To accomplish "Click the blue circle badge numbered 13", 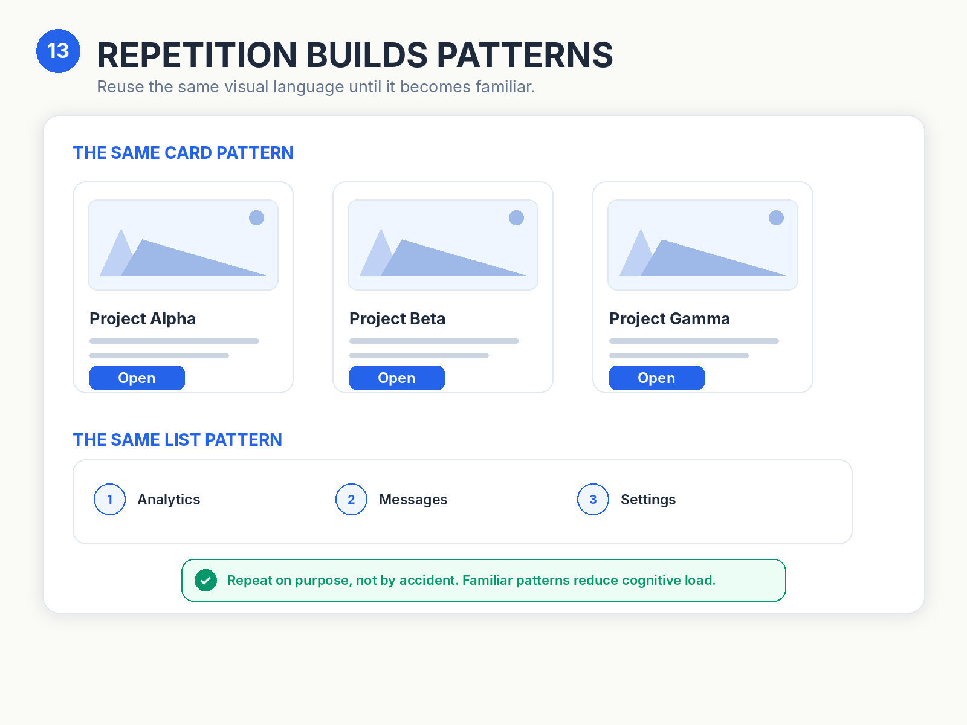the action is (58, 51).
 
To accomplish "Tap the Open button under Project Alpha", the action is (137, 378).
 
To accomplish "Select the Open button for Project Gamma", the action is (657, 378).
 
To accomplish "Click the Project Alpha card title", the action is (143, 319).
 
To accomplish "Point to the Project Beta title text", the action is (397, 319).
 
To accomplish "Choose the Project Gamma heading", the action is (670, 319).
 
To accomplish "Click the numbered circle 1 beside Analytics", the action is (110, 499).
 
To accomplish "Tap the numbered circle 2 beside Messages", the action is (351, 499).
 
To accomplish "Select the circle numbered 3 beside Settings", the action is (593, 499).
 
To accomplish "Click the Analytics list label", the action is (169, 500).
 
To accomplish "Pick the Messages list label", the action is (413, 500).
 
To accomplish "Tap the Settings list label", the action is (648, 500).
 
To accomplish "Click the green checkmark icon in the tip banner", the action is (205, 580).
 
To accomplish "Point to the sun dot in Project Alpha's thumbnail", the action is (256, 217).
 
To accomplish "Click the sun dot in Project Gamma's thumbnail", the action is (776, 217).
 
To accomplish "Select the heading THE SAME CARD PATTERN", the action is (183, 153).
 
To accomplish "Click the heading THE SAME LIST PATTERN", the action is (178, 440).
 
